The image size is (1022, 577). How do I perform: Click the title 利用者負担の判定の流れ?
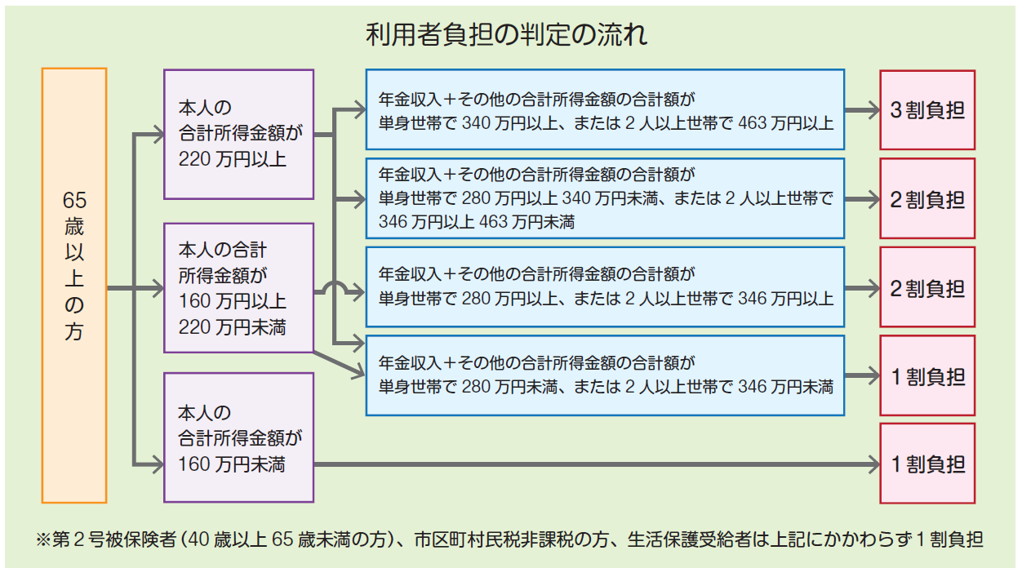click(x=506, y=35)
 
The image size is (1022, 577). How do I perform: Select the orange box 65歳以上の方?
click(x=74, y=286)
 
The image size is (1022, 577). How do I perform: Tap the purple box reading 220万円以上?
click(x=238, y=135)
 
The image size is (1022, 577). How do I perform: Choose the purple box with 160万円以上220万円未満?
click(x=238, y=288)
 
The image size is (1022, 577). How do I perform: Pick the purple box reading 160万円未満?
click(x=238, y=438)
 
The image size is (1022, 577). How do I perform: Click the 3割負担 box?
click(x=927, y=110)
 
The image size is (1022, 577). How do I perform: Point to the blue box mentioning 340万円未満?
click(x=605, y=198)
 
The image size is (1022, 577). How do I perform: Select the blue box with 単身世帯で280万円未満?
click(x=605, y=375)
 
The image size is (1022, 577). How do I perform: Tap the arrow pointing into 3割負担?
click(x=862, y=110)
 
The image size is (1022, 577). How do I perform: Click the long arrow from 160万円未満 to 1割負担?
click(x=597, y=464)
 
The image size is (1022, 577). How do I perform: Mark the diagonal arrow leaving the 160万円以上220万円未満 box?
click(x=340, y=365)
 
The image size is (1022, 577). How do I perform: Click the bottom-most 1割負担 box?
click(x=927, y=464)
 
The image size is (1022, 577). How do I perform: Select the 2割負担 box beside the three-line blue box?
click(x=927, y=198)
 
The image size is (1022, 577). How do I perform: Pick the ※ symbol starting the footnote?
click(x=43, y=540)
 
